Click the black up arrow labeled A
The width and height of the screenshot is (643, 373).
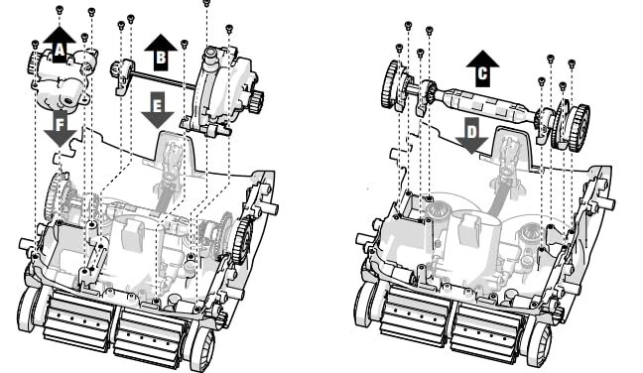coord(60,45)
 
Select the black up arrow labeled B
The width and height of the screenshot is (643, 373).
coord(161,53)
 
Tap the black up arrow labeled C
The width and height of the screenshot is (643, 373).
coord(482,68)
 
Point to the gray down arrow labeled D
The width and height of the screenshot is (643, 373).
coord(471,135)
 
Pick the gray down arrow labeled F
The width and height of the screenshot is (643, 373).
coord(61,128)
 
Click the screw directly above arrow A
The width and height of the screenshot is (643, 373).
coord(60,9)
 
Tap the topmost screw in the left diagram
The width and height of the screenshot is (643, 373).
coord(206,3)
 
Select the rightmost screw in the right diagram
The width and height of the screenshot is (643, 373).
coord(572,63)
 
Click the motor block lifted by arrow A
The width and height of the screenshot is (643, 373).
coord(63,78)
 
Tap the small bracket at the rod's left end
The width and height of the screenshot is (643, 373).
coord(123,76)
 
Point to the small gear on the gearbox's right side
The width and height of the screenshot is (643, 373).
coord(257,101)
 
